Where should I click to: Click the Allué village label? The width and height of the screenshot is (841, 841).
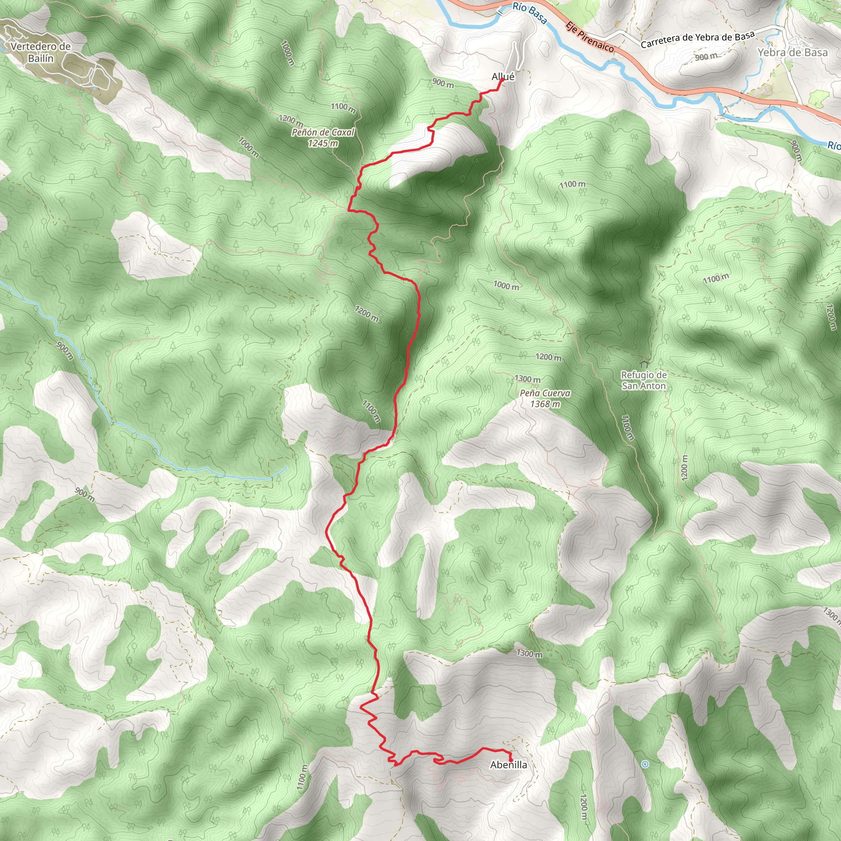(x=503, y=77)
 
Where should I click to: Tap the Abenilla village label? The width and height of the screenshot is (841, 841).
(x=508, y=765)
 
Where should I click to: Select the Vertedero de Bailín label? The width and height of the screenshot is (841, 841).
(x=41, y=52)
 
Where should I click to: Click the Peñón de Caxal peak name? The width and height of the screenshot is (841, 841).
(x=323, y=132)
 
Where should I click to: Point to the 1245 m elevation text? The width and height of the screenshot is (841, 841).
(x=323, y=143)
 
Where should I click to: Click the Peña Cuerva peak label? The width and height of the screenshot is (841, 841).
(x=545, y=393)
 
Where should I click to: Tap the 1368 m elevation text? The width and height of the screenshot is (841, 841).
(x=545, y=404)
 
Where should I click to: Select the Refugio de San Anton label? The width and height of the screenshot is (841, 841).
(x=643, y=380)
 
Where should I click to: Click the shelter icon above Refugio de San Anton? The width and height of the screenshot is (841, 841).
(x=644, y=364)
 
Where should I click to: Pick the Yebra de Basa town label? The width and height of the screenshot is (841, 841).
(x=792, y=53)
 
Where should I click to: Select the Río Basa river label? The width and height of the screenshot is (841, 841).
(x=529, y=12)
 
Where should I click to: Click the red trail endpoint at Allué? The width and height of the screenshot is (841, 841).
(x=502, y=80)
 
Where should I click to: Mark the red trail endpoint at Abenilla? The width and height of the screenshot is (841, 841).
(x=510, y=760)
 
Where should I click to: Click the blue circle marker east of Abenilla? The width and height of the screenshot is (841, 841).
(x=645, y=764)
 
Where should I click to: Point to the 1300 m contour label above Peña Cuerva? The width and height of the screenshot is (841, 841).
(x=528, y=379)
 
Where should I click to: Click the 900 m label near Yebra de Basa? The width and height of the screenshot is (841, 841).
(x=706, y=57)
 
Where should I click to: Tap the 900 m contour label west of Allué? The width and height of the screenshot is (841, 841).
(x=443, y=83)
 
